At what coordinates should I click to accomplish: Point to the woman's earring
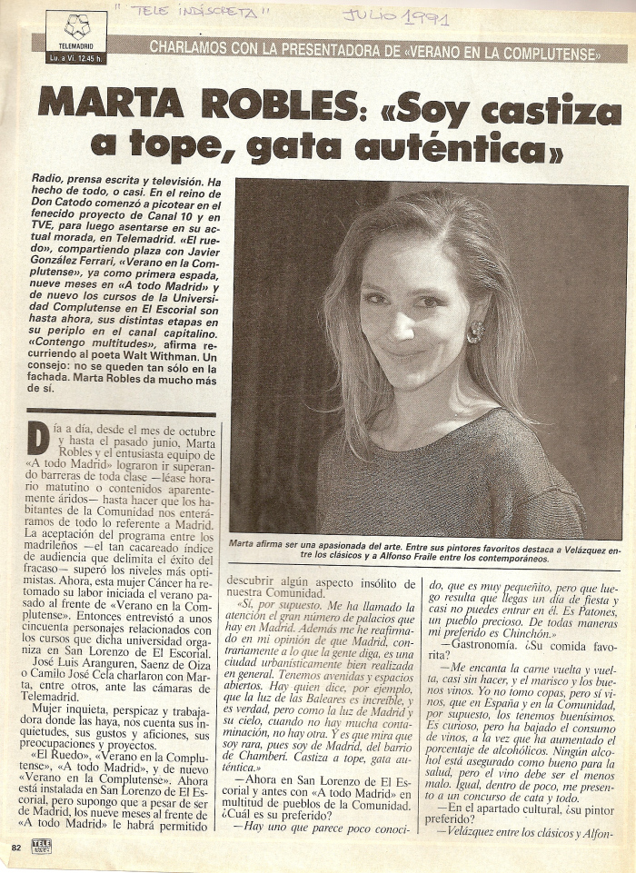pos(474,332)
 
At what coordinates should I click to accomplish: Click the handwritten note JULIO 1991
pos(394,15)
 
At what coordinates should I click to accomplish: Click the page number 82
pos(15,847)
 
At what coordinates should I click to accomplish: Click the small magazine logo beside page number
pos(41,847)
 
